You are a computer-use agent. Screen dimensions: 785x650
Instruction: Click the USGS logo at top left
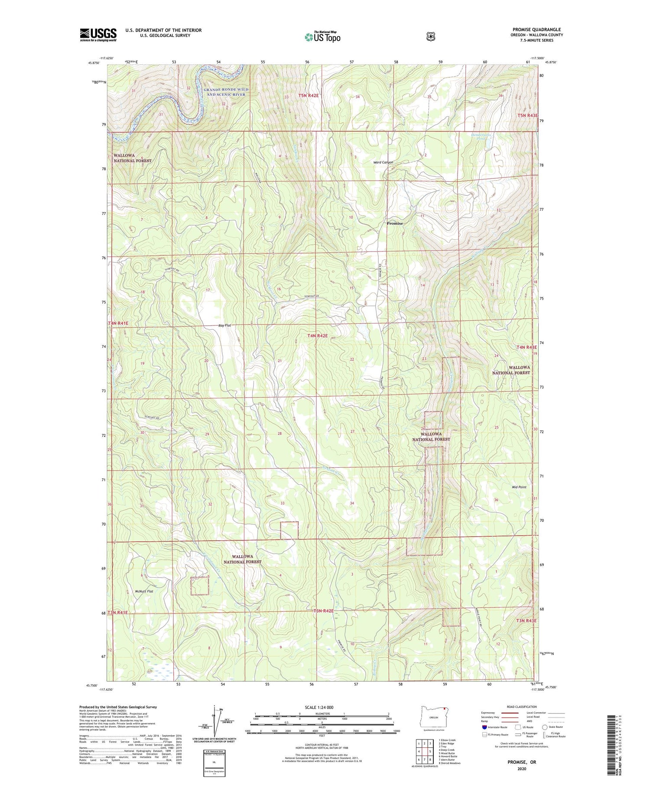click(98, 35)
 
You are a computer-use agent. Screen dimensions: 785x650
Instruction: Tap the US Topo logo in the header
click(322, 37)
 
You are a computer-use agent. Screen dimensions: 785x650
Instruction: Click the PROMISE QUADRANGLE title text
click(536, 29)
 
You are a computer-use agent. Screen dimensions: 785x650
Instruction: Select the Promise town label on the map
click(394, 223)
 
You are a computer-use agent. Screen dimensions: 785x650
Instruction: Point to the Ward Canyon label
click(383, 162)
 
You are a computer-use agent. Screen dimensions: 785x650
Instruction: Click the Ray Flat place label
click(224, 325)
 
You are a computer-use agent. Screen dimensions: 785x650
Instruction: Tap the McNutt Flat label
click(144, 591)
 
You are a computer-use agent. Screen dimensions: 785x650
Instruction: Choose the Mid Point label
click(519, 487)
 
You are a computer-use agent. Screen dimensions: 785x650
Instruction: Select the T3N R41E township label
click(118, 613)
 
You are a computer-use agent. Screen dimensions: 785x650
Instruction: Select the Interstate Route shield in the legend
click(484, 727)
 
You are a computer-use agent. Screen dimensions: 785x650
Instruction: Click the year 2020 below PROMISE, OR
click(522, 769)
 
